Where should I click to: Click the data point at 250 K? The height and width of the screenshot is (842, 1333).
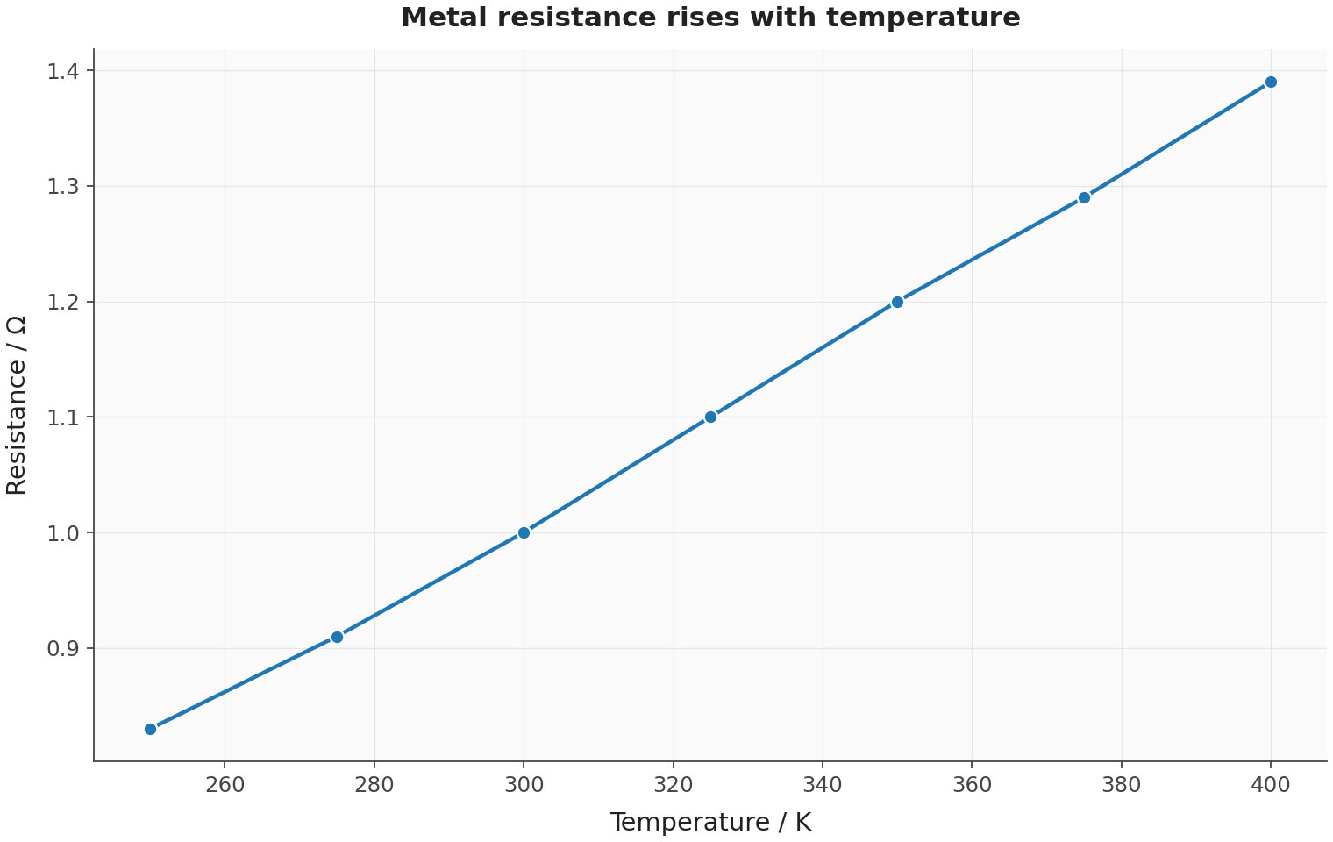tap(151, 729)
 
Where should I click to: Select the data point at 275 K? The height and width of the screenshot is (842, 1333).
tap(337, 637)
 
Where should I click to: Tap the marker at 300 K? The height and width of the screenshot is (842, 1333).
tap(524, 532)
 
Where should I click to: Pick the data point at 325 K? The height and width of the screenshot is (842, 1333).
tap(710, 417)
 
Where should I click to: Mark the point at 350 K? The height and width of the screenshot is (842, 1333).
tap(897, 302)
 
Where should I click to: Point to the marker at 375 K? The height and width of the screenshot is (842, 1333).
tap(1084, 197)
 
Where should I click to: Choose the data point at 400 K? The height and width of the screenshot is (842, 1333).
tap(1271, 82)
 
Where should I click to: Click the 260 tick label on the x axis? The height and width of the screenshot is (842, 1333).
tap(225, 785)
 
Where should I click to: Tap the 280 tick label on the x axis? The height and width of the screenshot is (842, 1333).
tap(374, 785)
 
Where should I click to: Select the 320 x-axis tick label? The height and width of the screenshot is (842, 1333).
tap(674, 785)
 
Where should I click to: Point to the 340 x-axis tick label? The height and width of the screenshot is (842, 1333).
tap(823, 785)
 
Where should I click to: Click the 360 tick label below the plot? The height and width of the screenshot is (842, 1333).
tap(973, 785)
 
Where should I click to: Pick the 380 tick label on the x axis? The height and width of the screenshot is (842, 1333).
tap(1122, 785)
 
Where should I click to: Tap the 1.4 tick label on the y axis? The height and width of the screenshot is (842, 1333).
tap(62, 71)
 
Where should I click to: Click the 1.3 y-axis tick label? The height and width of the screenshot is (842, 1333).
tap(62, 187)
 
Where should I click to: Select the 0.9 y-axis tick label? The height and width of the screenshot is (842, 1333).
tap(62, 649)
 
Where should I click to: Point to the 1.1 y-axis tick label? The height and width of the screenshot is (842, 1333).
tap(62, 417)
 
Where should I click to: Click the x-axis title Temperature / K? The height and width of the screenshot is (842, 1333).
tap(710, 823)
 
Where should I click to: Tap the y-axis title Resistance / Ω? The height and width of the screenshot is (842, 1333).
tap(16, 405)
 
